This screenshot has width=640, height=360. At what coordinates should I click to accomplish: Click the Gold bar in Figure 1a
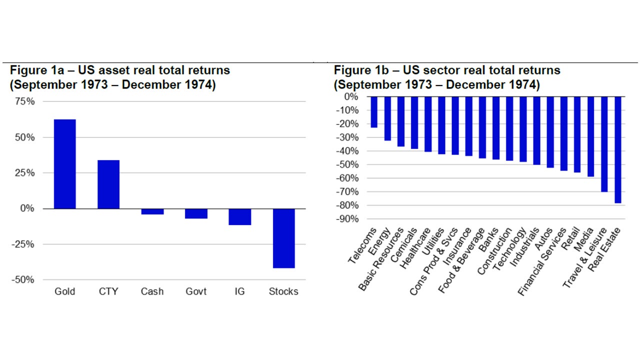65,164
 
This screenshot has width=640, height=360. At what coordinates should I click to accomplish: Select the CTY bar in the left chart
108,184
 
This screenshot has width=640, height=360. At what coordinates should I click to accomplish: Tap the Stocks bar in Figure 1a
283,238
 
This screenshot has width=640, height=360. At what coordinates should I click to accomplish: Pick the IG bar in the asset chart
240,216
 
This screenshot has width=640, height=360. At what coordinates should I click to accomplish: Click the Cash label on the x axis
152,291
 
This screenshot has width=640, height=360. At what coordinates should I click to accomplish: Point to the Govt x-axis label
196,291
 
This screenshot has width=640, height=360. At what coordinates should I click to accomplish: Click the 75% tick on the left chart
24,101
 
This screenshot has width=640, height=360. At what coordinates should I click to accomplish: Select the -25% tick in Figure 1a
22,244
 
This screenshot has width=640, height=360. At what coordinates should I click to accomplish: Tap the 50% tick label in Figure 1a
24,137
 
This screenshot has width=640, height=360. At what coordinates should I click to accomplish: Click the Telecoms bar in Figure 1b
374,112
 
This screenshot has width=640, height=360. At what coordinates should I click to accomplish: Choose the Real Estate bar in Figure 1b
617,149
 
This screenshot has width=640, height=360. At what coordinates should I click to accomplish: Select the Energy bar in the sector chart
387,118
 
